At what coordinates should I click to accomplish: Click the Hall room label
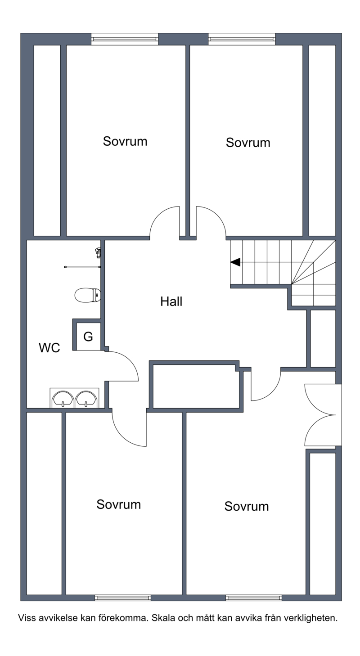pyautogui.click(x=171, y=301)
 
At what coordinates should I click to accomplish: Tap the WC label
pyautogui.click(x=49, y=348)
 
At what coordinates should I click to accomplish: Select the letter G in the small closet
pyautogui.click(x=88, y=337)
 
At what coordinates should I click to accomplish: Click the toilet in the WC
pyautogui.click(x=88, y=295)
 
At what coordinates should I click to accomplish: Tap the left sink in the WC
pyautogui.click(x=63, y=399)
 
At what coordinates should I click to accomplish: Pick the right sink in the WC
pyautogui.click(x=86, y=399)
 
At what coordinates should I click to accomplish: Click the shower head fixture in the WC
pyautogui.click(x=98, y=252)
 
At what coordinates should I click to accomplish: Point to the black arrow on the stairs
pyautogui.click(x=235, y=262)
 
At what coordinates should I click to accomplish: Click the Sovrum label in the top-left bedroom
pyautogui.click(x=125, y=141)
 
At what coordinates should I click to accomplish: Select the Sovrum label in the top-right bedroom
pyautogui.click(x=248, y=143)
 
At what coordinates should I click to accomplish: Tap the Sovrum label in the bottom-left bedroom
pyautogui.click(x=119, y=504)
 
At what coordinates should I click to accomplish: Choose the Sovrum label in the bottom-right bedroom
pyautogui.click(x=246, y=506)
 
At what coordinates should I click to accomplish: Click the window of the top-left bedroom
pyautogui.click(x=125, y=39)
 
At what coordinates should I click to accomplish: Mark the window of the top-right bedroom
pyautogui.click(x=242, y=39)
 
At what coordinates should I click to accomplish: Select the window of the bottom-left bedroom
pyautogui.click(x=123, y=598)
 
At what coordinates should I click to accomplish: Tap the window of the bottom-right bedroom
pyautogui.click(x=254, y=598)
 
